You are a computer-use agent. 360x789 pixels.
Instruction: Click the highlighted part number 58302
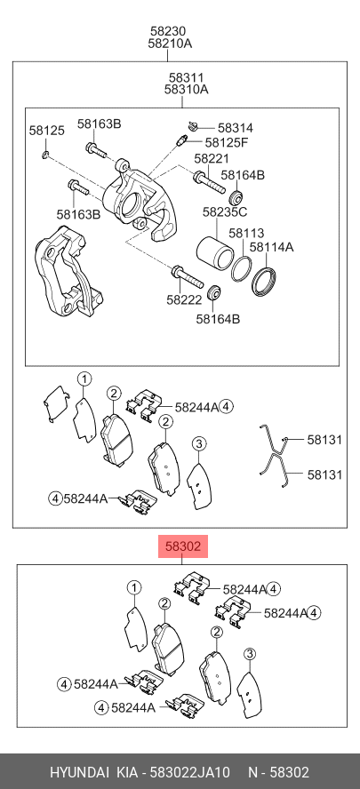click(183, 546)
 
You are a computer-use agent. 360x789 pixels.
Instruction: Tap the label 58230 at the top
click(170, 31)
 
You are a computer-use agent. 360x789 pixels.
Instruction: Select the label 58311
click(187, 78)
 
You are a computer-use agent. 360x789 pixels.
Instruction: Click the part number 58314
click(236, 128)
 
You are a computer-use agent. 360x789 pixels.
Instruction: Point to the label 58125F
click(227, 142)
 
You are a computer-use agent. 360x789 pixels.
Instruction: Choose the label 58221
click(212, 158)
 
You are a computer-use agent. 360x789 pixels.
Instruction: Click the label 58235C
click(225, 212)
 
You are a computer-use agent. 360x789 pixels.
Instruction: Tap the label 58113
click(246, 233)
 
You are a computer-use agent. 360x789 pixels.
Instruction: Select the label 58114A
click(272, 247)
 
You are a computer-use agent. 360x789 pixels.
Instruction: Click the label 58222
click(184, 300)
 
